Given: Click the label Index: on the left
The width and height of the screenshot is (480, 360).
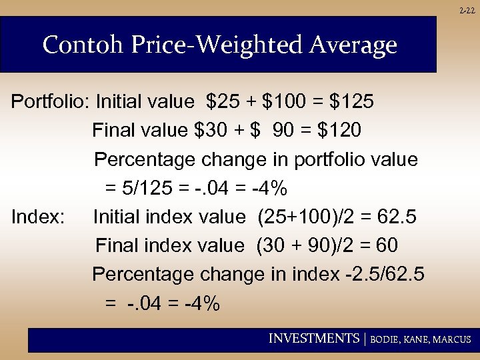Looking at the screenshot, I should [x=38, y=217].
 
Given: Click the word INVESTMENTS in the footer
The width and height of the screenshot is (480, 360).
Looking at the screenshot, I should [x=313, y=339].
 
